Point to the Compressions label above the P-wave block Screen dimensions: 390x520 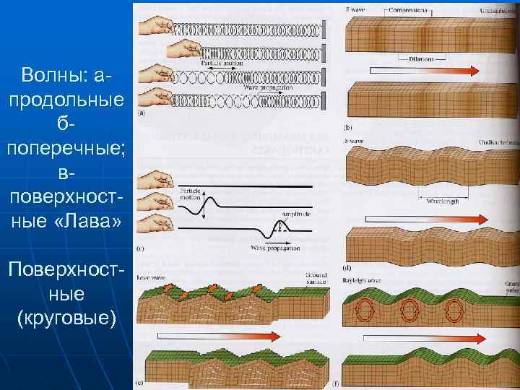407,9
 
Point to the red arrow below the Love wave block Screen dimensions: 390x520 209,336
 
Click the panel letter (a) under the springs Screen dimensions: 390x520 139,113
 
